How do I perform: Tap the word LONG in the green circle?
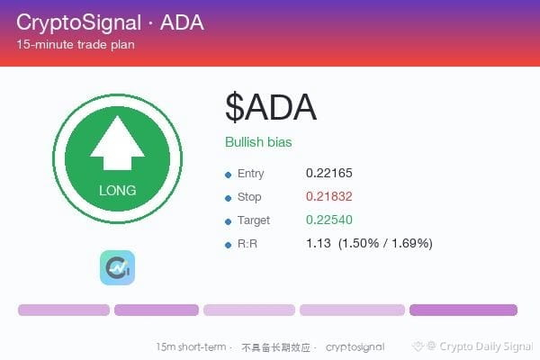(x=117, y=191)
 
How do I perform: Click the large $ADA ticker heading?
(x=271, y=107)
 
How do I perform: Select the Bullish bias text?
(x=258, y=142)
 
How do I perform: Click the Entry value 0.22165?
(x=328, y=173)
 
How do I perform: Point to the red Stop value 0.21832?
(x=328, y=196)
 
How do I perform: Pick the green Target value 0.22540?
(x=328, y=220)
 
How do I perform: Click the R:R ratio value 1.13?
(x=319, y=243)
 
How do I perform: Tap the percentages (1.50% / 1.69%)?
(x=385, y=243)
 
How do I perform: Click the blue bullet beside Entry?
(x=228, y=175)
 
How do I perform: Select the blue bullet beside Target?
(x=228, y=222)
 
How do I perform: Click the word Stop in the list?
(x=249, y=197)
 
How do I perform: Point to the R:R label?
(x=247, y=244)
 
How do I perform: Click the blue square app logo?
(x=117, y=267)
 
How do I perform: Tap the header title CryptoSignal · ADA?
(x=110, y=22)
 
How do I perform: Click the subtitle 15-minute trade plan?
(x=76, y=44)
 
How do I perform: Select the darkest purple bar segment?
(x=463, y=310)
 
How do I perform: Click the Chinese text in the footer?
(x=276, y=347)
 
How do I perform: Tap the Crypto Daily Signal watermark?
(x=472, y=346)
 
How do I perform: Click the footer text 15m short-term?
(x=191, y=346)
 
